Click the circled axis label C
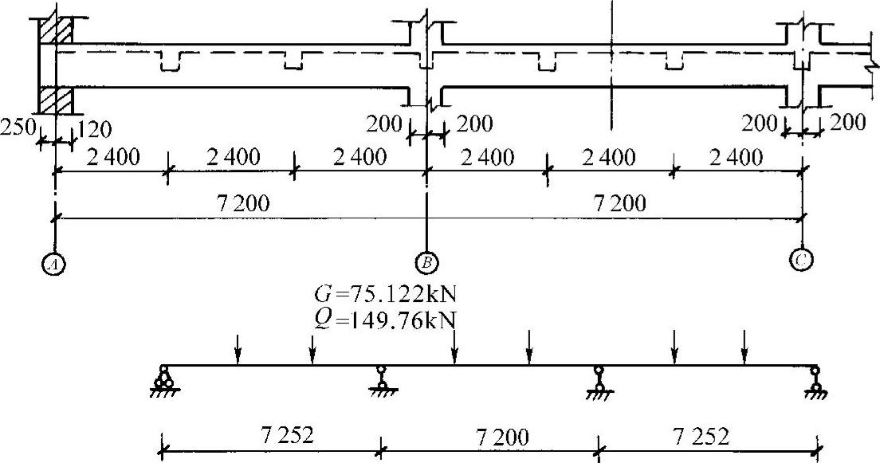coord(800,259)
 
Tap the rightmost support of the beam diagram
coord(815,381)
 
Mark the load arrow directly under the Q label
coord(454,347)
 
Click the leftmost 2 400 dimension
coord(112,158)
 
